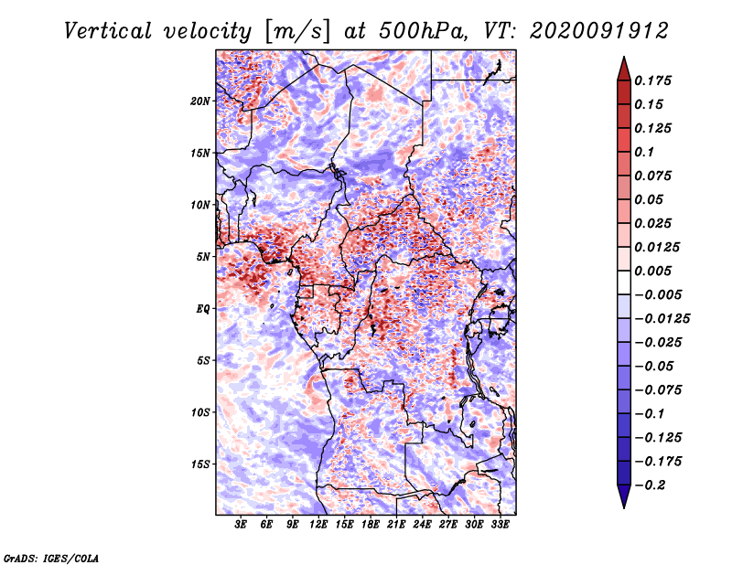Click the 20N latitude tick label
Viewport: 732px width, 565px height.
(200, 101)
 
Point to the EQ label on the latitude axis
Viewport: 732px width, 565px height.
(203, 309)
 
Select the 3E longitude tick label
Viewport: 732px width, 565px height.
(241, 525)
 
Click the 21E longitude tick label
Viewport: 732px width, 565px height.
(396, 525)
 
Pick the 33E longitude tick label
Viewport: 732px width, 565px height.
(500, 525)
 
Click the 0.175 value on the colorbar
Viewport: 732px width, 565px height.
(652, 80)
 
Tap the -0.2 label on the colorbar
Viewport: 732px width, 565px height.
(650, 485)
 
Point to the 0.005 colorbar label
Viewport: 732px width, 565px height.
(652, 271)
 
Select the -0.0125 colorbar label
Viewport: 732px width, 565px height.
(662, 319)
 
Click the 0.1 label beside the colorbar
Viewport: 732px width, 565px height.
(644, 152)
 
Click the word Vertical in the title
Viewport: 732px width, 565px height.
(108, 31)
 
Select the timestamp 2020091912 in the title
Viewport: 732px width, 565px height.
(599, 31)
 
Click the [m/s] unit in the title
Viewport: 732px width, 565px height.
(297, 32)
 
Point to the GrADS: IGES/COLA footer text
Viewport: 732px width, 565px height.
(51, 558)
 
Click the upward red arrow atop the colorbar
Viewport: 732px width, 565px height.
(624, 69)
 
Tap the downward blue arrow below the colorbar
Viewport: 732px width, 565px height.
(624, 496)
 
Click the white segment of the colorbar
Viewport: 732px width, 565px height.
(624, 282)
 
